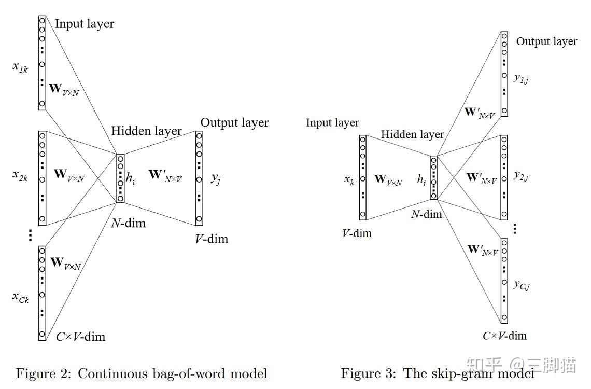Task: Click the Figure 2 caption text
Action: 142,373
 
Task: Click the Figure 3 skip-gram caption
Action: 437,373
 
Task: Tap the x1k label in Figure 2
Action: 21,67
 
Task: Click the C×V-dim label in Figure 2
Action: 80,337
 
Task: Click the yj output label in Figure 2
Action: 216,178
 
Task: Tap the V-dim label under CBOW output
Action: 211,239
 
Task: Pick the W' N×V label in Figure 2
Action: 165,175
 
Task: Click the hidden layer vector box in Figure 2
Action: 120,178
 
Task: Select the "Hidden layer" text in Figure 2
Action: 146,131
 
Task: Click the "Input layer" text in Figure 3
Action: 332,123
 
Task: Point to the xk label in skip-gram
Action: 349,179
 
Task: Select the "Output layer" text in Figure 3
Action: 546,41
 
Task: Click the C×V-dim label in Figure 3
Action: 504,336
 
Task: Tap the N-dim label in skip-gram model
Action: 426,214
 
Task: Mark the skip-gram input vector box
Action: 362,177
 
